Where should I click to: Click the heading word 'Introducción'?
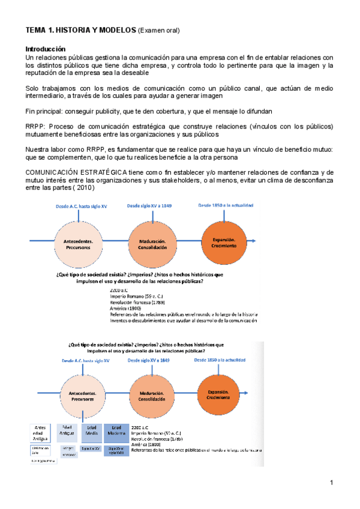(45, 49)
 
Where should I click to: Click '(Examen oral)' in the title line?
(159, 29)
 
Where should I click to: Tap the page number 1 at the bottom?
(331, 483)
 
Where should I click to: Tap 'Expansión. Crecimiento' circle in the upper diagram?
(224, 242)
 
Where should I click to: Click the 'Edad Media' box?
(91, 430)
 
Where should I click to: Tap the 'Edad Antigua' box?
(68, 430)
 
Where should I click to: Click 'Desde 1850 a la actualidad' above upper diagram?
(225, 205)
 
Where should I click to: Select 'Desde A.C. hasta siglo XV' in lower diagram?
(86, 360)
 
